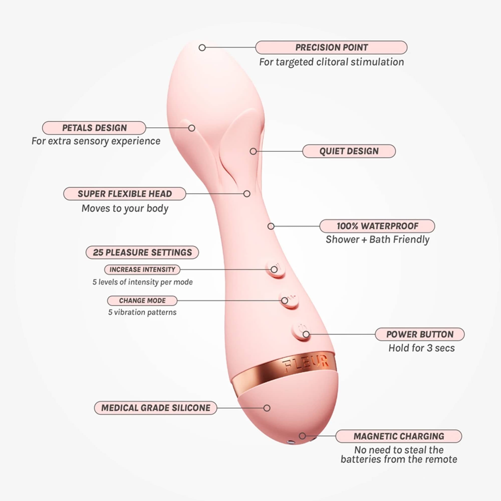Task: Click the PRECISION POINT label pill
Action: point(331,47)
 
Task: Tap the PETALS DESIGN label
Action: point(94,128)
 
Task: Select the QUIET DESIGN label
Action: point(349,151)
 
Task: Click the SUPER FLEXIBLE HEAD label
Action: point(125,194)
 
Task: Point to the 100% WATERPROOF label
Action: point(377,226)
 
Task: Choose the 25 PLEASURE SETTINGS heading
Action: point(142,252)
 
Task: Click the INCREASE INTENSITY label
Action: point(142,270)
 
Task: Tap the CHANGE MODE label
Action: point(142,301)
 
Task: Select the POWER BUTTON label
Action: point(420,334)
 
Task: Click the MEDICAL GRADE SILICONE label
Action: point(156,408)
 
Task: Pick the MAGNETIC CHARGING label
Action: point(399,436)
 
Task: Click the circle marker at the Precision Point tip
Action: point(202,47)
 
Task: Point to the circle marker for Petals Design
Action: point(192,128)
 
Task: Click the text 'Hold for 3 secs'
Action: point(421,348)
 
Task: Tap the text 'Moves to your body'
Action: point(125,208)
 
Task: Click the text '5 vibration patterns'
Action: point(142,312)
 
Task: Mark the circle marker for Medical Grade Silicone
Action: point(267,408)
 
